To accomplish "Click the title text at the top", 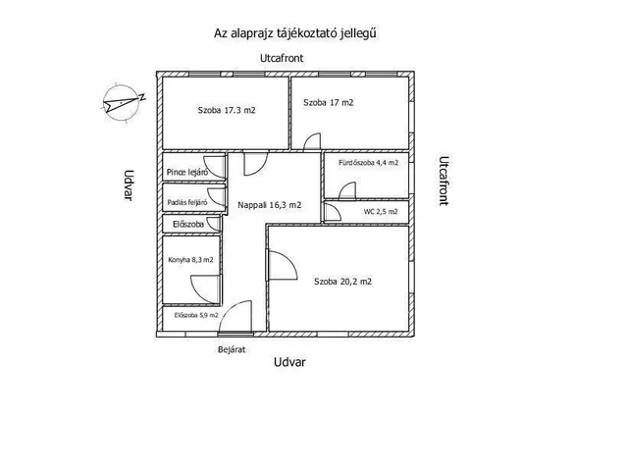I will point(296,32).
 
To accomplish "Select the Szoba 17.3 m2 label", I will point(226,111).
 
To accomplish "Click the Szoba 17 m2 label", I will point(329,102).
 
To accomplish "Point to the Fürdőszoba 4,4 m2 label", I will point(368,163).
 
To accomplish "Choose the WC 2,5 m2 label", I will point(381,211).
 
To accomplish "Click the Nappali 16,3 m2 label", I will point(269,205).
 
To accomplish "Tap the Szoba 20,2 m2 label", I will point(342,282).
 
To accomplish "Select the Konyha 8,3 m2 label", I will point(190,260).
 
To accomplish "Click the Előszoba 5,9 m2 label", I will point(196,315).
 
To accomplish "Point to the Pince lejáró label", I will point(186,173).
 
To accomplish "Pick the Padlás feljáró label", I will point(186,203).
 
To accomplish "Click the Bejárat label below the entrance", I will point(231,348).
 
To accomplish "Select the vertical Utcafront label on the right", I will point(443,180).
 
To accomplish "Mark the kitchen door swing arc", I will point(204,286).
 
